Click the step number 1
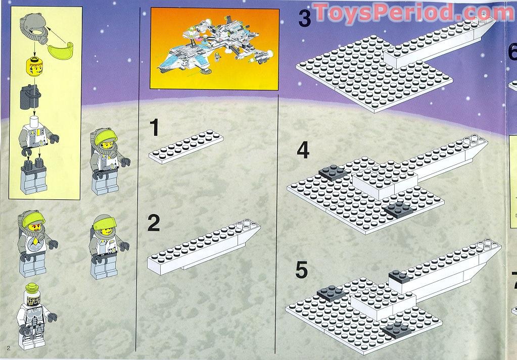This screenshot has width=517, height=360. point(154,128)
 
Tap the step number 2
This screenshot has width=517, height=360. point(154,223)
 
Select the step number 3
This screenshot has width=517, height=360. point(305,18)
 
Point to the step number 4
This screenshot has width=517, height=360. point(303,151)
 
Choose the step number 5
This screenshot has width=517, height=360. point(301,270)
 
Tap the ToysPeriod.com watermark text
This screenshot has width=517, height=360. point(413,13)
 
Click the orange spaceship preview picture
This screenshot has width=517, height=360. point(215,48)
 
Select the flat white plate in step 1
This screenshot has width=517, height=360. point(186,146)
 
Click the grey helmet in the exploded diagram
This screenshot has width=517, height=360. point(32,25)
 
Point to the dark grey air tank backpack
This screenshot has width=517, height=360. point(30,97)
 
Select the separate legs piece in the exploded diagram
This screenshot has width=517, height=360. point(34,175)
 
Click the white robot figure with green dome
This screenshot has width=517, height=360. point(35,317)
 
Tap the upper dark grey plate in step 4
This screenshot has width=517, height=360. point(333,172)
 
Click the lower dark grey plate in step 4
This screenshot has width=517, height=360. point(398,210)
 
